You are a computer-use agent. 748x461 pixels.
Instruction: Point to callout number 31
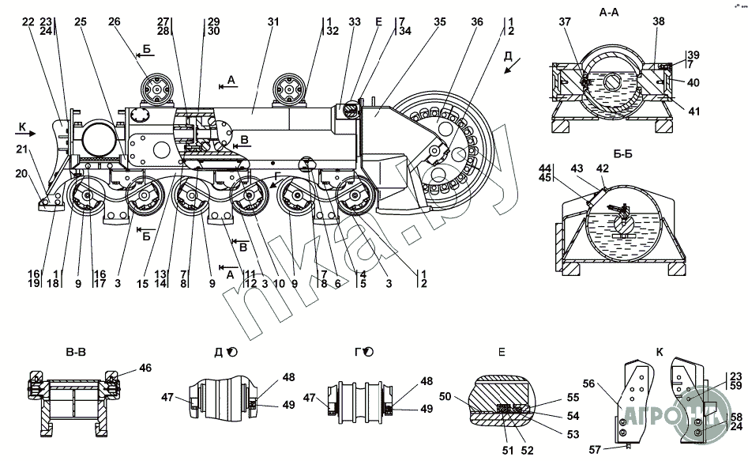coord(273,22)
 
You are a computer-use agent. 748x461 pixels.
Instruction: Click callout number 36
coord(477,22)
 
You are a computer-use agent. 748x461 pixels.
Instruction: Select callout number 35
coord(439,22)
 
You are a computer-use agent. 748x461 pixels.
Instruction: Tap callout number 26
coord(115,22)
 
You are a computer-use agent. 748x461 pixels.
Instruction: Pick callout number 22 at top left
coord(28,22)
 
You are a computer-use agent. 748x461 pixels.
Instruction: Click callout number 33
coord(353,22)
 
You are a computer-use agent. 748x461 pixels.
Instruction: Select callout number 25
coord(80,22)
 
